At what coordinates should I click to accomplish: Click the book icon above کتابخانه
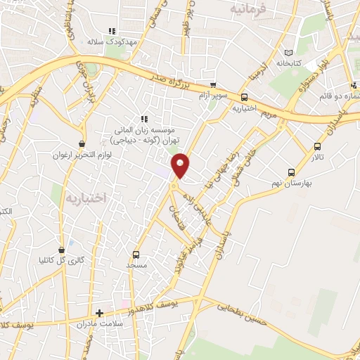click(287, 53)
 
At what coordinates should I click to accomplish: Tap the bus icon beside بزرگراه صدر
click(244, 98)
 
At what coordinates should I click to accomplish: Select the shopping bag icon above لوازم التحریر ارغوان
click(83, 144)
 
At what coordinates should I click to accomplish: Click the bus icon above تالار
click(318, 147)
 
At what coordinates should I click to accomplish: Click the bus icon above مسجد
click(136, 255)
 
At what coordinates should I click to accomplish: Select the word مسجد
click(136, 266)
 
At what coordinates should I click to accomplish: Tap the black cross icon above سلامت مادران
click(99, 314)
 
